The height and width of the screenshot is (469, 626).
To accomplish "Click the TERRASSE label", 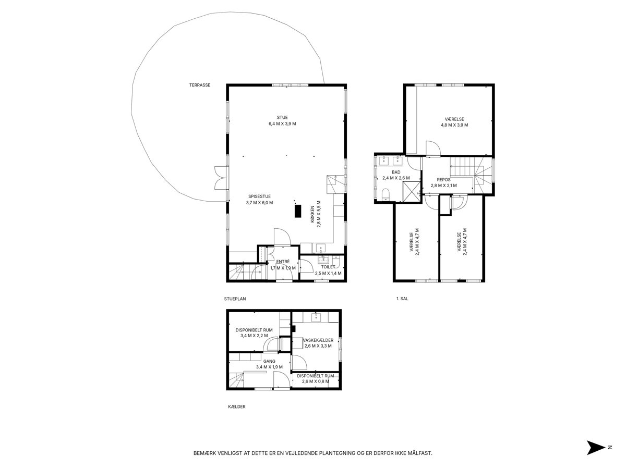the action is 200,85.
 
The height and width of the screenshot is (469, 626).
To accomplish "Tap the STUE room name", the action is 282,117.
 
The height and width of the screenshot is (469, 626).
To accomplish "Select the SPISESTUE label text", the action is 259,196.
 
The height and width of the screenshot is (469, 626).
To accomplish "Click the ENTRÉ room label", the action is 283,262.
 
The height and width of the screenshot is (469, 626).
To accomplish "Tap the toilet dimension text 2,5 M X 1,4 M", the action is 328,274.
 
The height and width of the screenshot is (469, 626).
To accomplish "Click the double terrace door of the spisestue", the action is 220,178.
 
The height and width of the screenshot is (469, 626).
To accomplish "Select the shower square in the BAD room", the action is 411,192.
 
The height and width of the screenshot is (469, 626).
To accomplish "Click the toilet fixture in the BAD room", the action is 386,194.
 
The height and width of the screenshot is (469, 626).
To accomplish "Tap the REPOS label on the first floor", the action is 443,180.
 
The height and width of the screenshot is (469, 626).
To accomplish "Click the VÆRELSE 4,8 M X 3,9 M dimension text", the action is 454,125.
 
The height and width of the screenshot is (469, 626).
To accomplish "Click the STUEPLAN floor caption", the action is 235,299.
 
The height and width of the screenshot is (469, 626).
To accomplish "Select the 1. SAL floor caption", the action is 402,299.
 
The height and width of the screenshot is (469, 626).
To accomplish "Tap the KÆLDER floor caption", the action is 237,406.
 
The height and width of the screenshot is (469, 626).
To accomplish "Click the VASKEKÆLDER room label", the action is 318,340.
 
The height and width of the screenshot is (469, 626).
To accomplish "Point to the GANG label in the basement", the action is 269,361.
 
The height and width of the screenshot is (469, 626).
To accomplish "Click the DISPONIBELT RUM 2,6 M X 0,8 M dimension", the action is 316,381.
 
